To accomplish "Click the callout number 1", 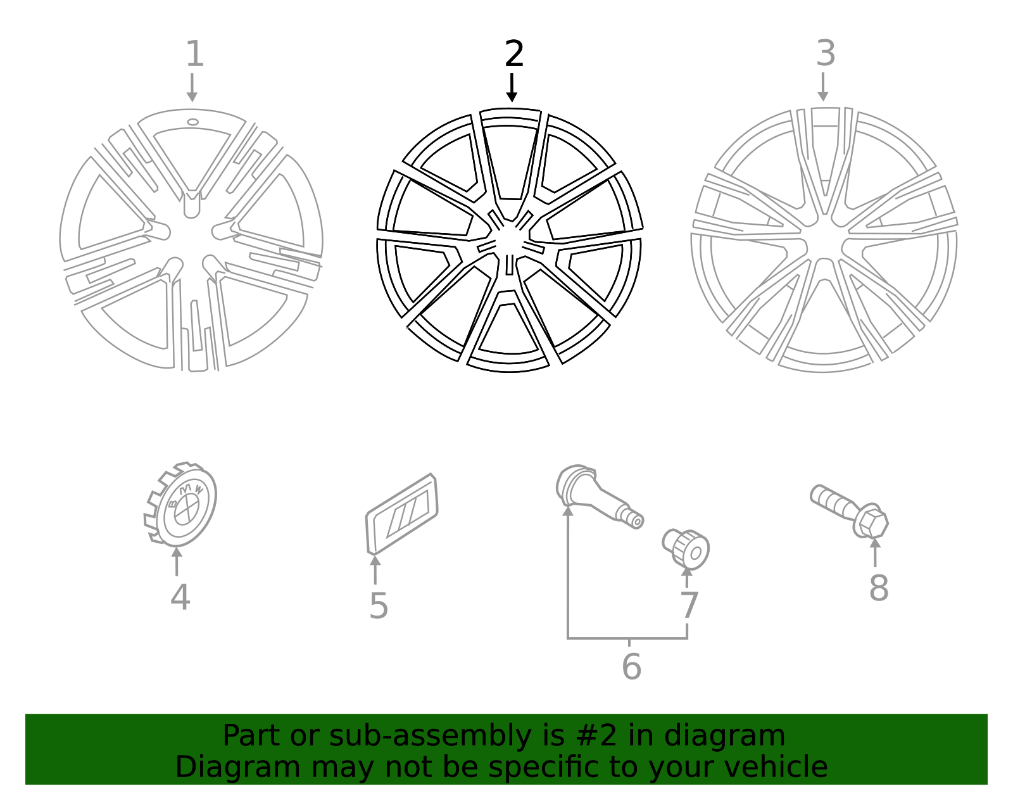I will pos(194,54).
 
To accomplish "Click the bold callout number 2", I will pos(514,54).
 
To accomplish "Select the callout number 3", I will pos(825,53).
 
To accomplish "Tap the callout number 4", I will pos(180,597).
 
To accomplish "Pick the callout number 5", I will pos(378,606).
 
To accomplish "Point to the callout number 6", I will pos(631,666).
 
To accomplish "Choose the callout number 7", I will pos(688,605).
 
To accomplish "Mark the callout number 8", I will pos(878,588).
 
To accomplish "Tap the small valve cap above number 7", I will pos(687,548).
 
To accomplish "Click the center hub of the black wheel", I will pos(509,243).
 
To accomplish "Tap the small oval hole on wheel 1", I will pos(192,122).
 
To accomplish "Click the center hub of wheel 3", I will pos(824,244).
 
